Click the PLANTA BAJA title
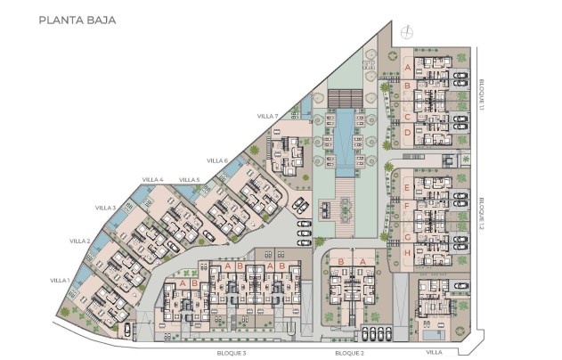pos(77,18)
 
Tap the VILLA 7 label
pos(268,116)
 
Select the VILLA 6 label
pos(217,160)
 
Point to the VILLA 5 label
pos(190,180)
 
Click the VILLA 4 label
pos(152,180)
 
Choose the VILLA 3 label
pos(106,208)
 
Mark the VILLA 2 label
pos(79,241)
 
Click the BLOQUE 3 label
pos(232,353)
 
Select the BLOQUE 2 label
pos(349,353)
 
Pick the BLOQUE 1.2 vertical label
pos(479,214)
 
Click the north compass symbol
pos(408,33)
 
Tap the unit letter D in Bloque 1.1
pos(407,133)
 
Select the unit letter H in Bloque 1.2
pos(407,253)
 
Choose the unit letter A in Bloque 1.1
pos(407,68)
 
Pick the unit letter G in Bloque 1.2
pos(407,236)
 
